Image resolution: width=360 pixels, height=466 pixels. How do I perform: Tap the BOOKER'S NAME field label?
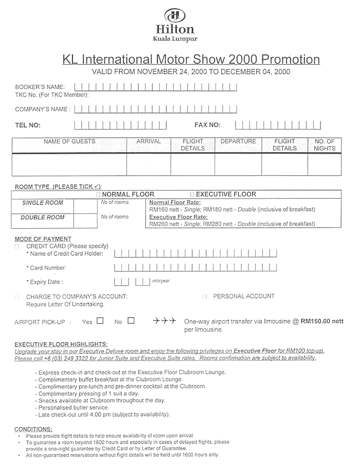click(40, 87)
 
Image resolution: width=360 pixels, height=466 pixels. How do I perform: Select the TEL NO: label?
click(28, 125)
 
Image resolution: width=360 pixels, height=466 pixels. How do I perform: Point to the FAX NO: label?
click(207, 125)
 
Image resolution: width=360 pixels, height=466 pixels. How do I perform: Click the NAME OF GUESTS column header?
click(69, 141)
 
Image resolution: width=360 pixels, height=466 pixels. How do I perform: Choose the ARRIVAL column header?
click(149, 141)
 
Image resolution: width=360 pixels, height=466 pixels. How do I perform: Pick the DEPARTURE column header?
click(238, 141)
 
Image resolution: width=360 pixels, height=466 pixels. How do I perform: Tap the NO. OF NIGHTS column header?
click(325, 145)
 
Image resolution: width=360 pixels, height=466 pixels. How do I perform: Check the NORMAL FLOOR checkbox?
click(98, 195)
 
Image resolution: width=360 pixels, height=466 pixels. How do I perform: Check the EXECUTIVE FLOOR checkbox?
click(192, 195)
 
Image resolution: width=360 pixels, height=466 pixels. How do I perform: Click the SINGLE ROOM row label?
click(43, 203)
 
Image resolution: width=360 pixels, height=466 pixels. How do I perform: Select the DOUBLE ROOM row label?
click(43, 217)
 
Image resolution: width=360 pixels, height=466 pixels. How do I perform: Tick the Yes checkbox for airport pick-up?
click(100, 321)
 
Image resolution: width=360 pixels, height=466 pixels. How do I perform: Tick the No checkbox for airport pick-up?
click(131, 321)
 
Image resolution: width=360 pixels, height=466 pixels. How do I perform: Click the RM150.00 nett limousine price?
click(322, 321)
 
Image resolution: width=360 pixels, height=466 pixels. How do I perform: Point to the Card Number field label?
click(46, 268)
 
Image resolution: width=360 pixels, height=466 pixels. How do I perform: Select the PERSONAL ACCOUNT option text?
click(244, 296)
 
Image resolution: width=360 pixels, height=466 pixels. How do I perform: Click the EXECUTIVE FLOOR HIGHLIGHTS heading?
click(61, 344)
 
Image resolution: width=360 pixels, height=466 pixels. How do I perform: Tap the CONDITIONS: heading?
click(33, 428)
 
